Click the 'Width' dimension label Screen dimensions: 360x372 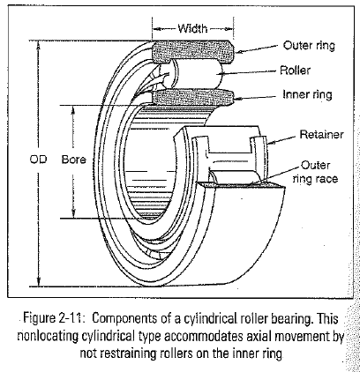(x=192, y=28)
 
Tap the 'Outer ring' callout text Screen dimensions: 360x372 (x=309, y=46)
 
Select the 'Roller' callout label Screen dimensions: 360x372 (x=295, y=71)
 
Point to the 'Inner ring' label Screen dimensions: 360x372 (x=307, y=94)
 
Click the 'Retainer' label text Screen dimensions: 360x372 (x=321, y=135)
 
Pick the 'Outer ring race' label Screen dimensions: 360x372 (x=316, y=172)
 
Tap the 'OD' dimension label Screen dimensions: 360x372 (x=38, y=160)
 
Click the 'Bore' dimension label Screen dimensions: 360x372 (x=73, y=160)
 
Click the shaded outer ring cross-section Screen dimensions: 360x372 (x=192, y=52)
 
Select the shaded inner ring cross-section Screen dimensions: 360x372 (x=193, y=97)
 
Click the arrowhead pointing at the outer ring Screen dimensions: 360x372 (x=240, y=52)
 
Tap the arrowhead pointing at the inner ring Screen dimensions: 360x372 (x=238, y=99)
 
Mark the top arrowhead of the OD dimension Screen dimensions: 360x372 (x=38, y=44)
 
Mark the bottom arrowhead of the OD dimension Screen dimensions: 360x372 (x=38, y=282)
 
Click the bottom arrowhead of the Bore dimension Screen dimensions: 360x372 (x=72, y=214)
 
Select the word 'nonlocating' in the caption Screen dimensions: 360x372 (x=48, y=336)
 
